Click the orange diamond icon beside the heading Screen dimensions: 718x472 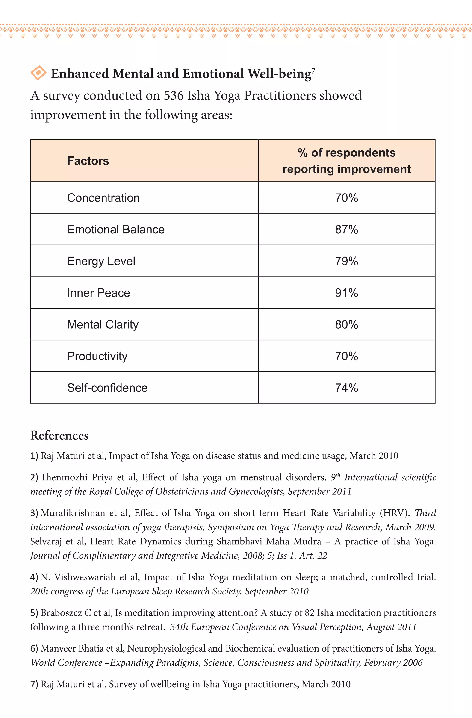pyautogui.click(x=38, y=73)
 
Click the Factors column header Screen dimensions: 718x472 pyautogui.click(x=88, y=161)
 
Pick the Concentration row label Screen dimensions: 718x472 pyautogui.click(x=103, y=198)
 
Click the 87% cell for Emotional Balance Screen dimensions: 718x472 pyautogui.click(x=346, y=230)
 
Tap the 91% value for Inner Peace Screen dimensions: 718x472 pyautogui.click(x=346, y=293)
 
